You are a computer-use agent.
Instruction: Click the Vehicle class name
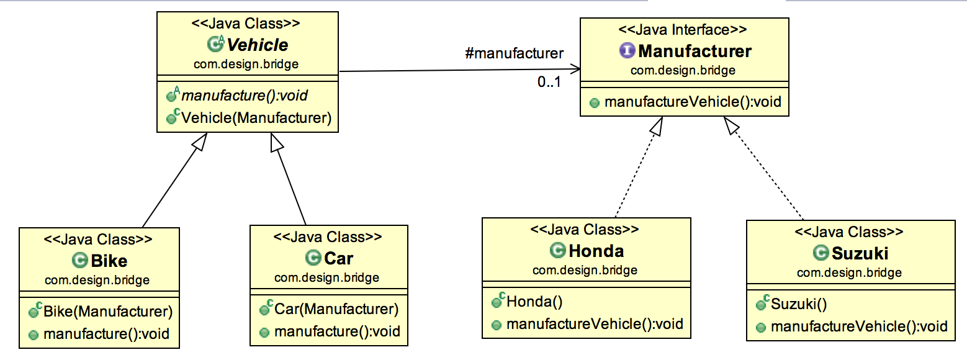[x=257, y=45]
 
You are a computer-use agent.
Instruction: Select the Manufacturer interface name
[x=695, y=51]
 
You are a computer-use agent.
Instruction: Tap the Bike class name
[x=109, y=260]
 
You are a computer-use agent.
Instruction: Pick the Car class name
[x=338, y=258]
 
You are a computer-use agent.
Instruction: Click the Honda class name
[x=596, y=251]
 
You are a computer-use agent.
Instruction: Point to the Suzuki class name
[x=860, y=253]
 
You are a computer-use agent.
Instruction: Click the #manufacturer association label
[x=514, y=53]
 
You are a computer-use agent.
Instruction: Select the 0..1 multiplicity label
[x=549, y=81]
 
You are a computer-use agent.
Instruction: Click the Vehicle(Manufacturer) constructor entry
[x=256, y=117]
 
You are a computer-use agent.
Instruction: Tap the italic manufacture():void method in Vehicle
[x=245, y=96]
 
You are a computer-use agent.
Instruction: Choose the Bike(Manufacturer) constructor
[x=107, y=311]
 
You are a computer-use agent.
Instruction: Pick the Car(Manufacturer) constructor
[x=336, y=309]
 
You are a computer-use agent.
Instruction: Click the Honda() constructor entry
[x=534, y=302]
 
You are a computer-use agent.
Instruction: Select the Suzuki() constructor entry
[x=799, y=304]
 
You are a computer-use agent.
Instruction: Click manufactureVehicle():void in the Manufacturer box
[x=691, y=102]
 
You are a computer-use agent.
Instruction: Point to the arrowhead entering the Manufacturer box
[x=576, y=70]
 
